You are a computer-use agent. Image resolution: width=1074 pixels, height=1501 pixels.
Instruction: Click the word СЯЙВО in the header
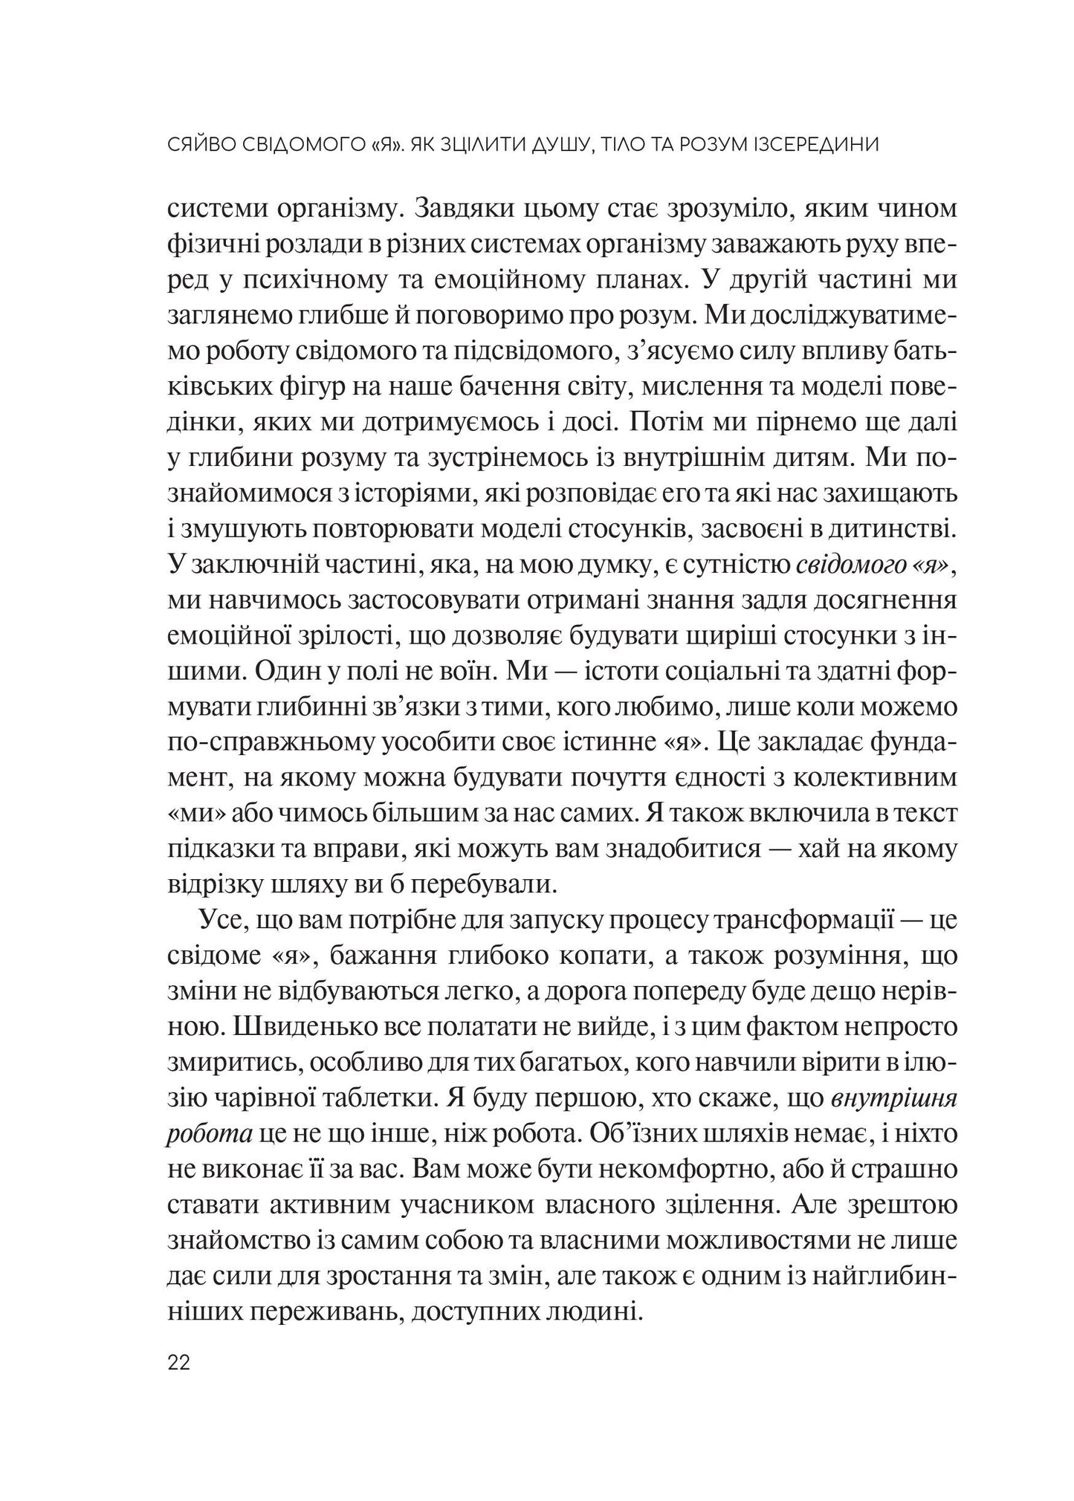pos(198,145)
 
